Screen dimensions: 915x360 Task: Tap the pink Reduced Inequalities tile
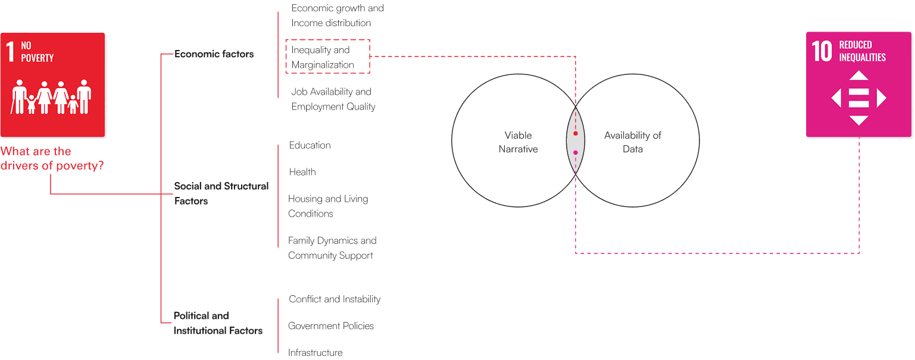(858, 84)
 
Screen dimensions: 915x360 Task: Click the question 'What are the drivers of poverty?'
(52, 159)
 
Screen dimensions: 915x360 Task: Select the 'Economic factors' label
(214, 54)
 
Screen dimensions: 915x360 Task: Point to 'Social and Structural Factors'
(221, 193)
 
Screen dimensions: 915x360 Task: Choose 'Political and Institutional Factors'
(217, 323)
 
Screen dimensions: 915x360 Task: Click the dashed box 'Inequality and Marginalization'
(327, 57)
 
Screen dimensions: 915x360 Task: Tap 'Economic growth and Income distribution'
(337, 15)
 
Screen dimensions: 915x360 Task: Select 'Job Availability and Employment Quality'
(333, 99)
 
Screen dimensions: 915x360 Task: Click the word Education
(310, 145)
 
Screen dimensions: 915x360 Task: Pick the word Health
(302, 172)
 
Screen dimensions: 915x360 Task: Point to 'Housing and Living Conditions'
(327, 206)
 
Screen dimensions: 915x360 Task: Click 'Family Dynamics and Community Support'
(332, 248)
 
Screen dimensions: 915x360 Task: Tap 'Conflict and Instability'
(334, 299)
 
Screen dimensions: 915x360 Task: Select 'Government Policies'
(330, 326)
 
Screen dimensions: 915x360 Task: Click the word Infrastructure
(315, 353)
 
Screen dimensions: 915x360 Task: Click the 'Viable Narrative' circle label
(517, 142)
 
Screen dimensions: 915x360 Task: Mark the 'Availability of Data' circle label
(632, 142)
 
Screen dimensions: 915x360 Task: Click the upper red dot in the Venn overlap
(576, 133)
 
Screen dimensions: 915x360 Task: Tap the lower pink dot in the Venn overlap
(576, 153)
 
